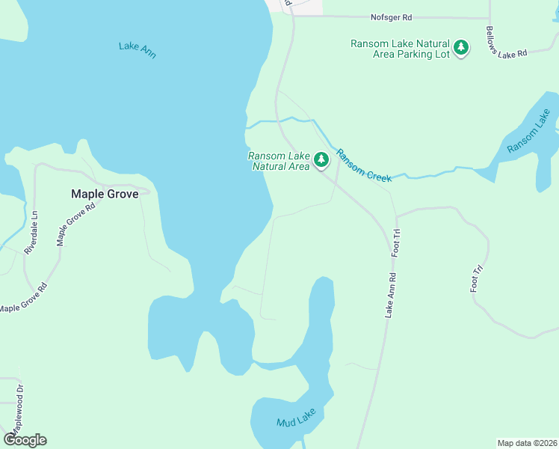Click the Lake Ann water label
coord(138,50)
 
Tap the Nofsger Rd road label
coord(392,17)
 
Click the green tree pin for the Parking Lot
coord(462,48)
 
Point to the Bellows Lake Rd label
coord(506,42)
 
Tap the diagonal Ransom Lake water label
coord(529,132)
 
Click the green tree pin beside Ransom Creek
coord(321,159)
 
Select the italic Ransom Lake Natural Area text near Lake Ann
coord(279,161)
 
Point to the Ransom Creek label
coord(364,165)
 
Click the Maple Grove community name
coord(105,194)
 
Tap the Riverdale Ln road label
coord(34,233)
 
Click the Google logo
coord(25,440)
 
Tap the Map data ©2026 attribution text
coord(527,443)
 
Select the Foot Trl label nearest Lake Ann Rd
coord(397,244)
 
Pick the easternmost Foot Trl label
coord(476,278)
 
